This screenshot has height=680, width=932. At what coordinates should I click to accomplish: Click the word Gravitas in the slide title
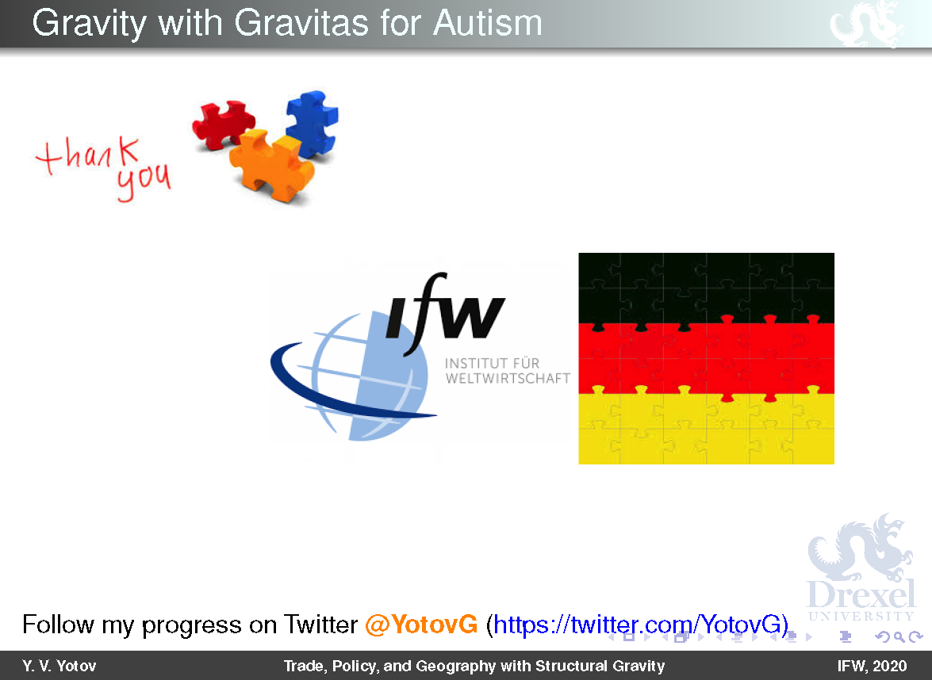click(x=301, y=23)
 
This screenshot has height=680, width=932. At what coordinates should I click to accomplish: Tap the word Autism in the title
click(x=487, y=23)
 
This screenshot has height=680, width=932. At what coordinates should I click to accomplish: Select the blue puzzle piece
click(x=312, y=123)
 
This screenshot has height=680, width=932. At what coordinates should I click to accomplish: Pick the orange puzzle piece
click(x=270, y=165)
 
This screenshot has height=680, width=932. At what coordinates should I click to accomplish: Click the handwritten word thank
click(x=88, y=155)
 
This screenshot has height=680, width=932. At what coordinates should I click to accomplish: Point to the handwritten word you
click(x=144, y=181)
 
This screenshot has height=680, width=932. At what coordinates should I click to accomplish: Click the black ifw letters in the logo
click(x=445, y=314)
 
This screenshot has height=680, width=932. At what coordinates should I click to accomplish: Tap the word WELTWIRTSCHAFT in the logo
click(x=508, y=378)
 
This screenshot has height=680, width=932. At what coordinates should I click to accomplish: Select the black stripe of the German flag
click(x=706, y=288)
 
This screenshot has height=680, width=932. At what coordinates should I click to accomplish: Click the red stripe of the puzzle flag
click(x=706, y=359)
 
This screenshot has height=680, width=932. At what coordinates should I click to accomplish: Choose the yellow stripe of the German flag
click(x=706, y=429)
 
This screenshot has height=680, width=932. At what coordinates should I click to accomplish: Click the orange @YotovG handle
click(x=421, y=625)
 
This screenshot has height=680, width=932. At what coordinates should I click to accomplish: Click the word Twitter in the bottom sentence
click(x=320, y=625)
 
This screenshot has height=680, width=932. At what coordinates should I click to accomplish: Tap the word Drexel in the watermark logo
click(x=861, y=594)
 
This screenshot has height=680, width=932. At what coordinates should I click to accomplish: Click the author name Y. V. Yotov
click(x=59, y=666)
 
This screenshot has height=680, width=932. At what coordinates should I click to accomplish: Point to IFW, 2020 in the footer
click(x=872, y=666)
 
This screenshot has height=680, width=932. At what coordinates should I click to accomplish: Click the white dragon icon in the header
click(x=867, y=24)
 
